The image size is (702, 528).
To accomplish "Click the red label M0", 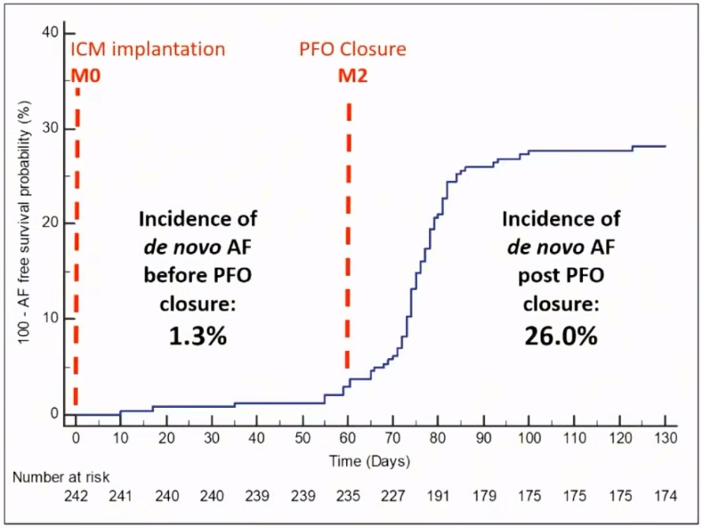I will tap(85, 75).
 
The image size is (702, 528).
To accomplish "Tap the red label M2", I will tap(353, 75).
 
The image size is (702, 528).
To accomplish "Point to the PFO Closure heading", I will tap(352, 48).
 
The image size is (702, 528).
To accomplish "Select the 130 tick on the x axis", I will tap(665, 439).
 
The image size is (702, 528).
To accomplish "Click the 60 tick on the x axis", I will tap(348, 439).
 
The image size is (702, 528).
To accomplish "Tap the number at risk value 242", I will tap(76, 496).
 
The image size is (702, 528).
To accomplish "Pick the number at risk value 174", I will tap(665, 496).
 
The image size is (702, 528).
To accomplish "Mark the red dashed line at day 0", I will tap(77, 258).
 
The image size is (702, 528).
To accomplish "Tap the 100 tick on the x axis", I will tap(529, 439).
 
